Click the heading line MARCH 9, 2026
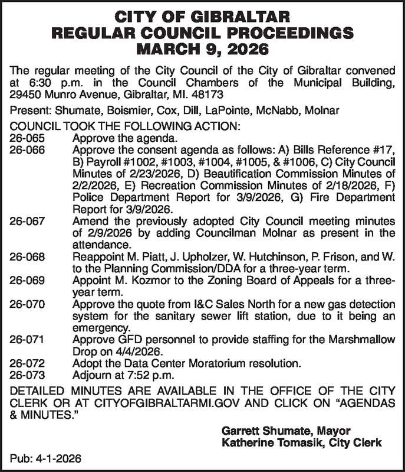(202, 47)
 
